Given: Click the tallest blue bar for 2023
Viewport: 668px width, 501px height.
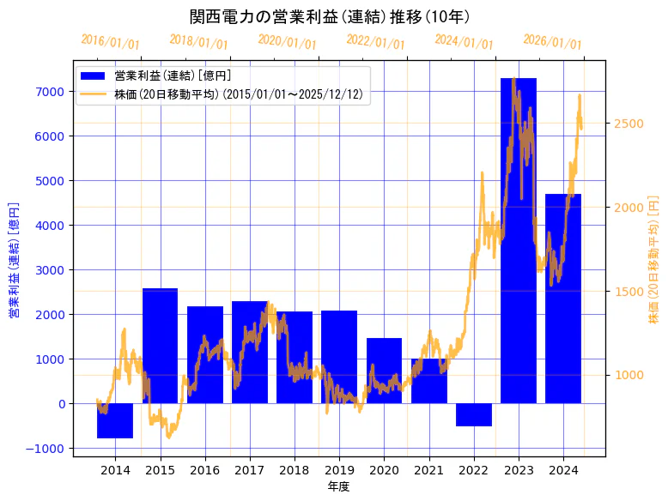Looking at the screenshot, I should (519, 240).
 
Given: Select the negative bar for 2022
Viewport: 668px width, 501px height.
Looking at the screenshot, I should (473, 414).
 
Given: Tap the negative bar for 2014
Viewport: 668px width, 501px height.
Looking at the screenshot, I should (115, 420).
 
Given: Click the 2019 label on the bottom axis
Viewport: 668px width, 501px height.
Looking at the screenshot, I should (339, 470).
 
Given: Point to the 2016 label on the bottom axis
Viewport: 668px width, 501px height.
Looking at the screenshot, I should (204, 470).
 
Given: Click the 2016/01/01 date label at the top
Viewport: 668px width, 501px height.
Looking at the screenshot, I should (110, 41).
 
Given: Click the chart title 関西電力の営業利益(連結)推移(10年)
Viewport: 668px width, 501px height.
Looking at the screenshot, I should (330, 17).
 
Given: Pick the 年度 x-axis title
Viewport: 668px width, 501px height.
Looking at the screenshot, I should (338, 486).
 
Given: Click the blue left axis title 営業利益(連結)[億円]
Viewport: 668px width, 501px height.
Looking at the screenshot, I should (14, 260).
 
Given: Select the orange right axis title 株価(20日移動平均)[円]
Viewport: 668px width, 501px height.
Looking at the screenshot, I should (653, 260).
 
